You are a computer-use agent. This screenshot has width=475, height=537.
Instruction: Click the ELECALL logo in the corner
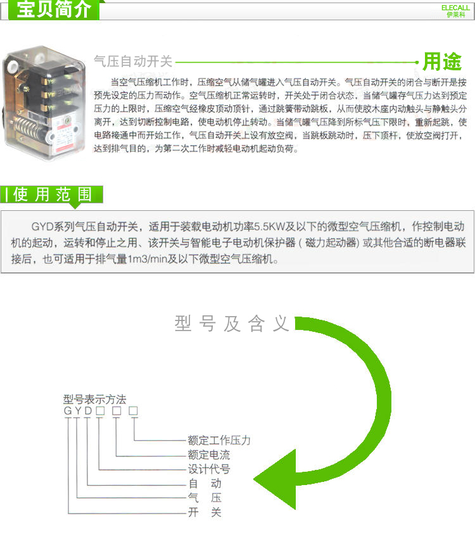pos(455,11)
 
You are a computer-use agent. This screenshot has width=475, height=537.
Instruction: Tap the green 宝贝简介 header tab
pos(54,9)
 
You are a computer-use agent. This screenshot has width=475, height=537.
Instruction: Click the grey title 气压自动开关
pos(133,61)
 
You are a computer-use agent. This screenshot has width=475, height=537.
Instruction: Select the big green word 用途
pos(442,61)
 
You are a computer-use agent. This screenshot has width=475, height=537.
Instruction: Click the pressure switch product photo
pos(44,103)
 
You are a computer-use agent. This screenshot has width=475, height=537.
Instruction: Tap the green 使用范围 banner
pos(52,194)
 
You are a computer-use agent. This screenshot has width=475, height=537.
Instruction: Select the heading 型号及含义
pos(232,324)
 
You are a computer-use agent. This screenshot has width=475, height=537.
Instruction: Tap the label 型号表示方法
pos(94,399)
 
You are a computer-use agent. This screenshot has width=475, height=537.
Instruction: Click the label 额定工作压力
pos(219,440)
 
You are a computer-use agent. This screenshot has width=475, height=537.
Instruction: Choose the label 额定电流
pos(209,455)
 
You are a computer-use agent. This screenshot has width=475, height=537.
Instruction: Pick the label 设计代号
pos(209,469)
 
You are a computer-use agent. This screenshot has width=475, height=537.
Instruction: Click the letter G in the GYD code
pos(68,410)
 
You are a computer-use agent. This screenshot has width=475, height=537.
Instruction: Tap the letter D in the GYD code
pos(89,410)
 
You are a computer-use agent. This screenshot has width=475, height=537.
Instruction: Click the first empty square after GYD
pos(100,410)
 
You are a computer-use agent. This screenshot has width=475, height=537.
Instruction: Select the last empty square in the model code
pos(133,410)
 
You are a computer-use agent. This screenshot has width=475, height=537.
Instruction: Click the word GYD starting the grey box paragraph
pos(42,227)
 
